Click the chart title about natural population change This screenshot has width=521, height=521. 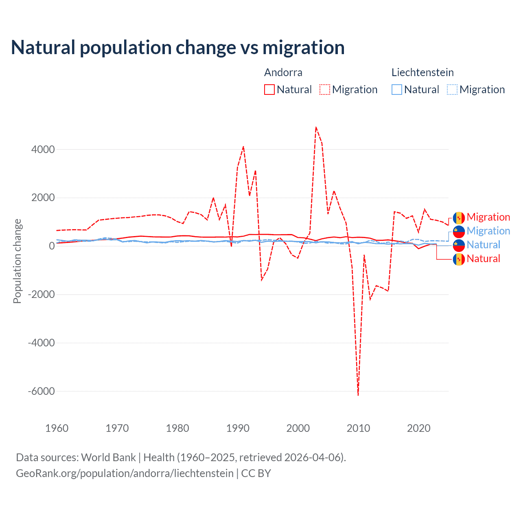[178, 48]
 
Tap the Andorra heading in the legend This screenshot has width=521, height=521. [283, 72]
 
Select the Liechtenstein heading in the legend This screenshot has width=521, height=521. [422, 72]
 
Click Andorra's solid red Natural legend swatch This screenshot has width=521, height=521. [269, 90]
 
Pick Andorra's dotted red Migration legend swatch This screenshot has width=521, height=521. [325, 90]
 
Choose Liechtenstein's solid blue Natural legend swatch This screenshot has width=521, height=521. [397, 90]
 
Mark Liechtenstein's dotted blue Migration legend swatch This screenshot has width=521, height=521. [452, 90]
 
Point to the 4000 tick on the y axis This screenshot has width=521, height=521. [43, 149]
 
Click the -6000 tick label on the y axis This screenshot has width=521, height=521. [41, 391]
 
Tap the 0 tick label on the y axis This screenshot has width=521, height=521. [52, 246]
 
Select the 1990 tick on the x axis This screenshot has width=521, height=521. [238, 428]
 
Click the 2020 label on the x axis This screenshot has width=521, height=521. [419, 428]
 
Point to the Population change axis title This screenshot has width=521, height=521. [17, 261]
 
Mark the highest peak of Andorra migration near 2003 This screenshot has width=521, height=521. [316, 127]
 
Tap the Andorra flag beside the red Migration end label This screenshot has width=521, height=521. [459, 218]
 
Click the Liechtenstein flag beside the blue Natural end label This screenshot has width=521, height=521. [459, 245]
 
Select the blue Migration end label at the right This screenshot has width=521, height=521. [488, 231]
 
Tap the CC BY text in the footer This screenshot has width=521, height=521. [256, 473]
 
